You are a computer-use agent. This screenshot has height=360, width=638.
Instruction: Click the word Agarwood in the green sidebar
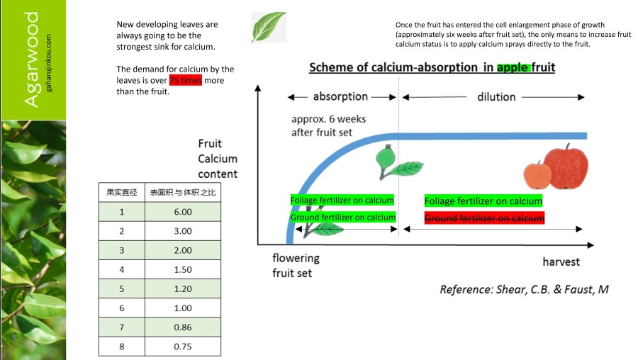(32, 60)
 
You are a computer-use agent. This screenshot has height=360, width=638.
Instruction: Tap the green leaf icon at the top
(269, 27)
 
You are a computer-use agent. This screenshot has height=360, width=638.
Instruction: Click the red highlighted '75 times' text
(185, 81)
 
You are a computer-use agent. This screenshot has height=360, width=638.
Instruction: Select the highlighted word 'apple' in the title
(513, 68)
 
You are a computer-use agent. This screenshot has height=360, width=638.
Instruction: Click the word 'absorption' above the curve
(340, 96)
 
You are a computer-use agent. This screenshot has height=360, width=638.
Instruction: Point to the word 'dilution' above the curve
(496, 96)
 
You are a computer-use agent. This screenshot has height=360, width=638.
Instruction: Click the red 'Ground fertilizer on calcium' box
(484, 218)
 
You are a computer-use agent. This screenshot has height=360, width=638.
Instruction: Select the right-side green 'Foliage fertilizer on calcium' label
(483, 201)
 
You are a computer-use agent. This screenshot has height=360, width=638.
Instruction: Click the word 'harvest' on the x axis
(561, 261)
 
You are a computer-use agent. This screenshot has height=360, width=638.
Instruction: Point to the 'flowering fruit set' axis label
(296, 265)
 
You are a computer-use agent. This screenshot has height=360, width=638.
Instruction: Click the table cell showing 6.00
(183, 212)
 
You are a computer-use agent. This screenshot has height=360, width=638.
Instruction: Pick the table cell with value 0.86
(183, 327)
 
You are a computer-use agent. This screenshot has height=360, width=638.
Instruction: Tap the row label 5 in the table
(122, 289)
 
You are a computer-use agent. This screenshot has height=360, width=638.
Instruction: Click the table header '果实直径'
(122, 192)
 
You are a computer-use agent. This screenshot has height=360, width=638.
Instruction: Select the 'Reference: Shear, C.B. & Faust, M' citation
(524, 289)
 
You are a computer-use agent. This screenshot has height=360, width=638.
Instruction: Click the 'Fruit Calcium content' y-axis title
(218, 159)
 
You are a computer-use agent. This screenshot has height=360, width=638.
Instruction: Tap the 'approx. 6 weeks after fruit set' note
(328, 126)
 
